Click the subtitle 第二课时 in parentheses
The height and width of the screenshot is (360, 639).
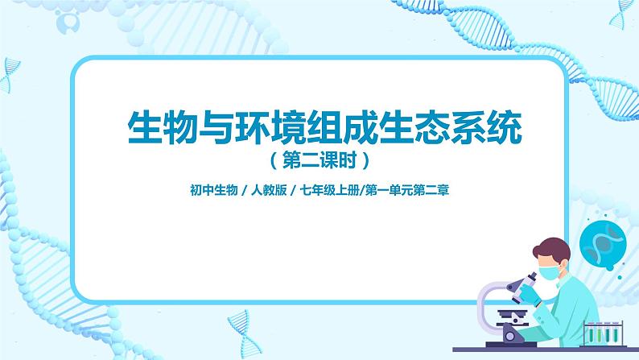coord(319,160)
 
